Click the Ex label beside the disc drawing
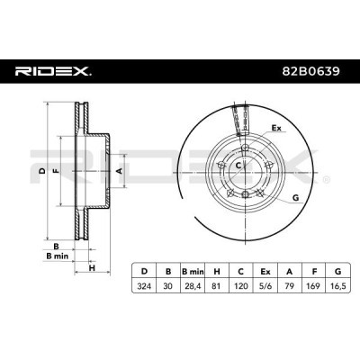pyautogui.click(x=276, y=129)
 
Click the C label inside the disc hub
pyautogui.click(x=238, y=167)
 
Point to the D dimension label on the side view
pyautogui.click(x=40, y=168)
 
